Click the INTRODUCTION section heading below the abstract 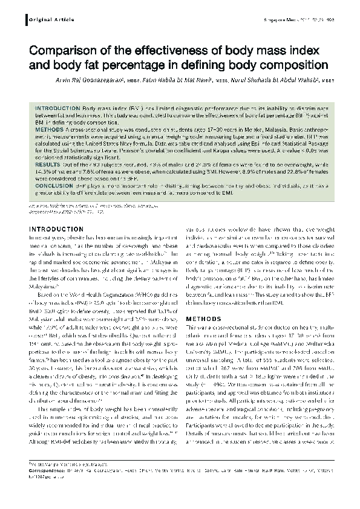56,230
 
